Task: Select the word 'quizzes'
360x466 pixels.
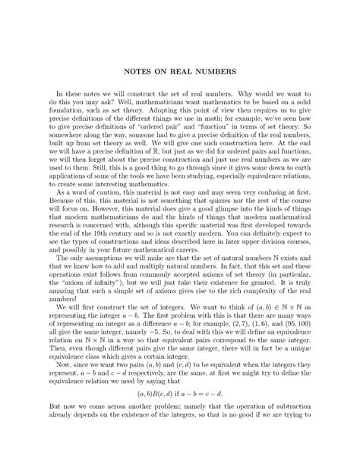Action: (x=218, y=223)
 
